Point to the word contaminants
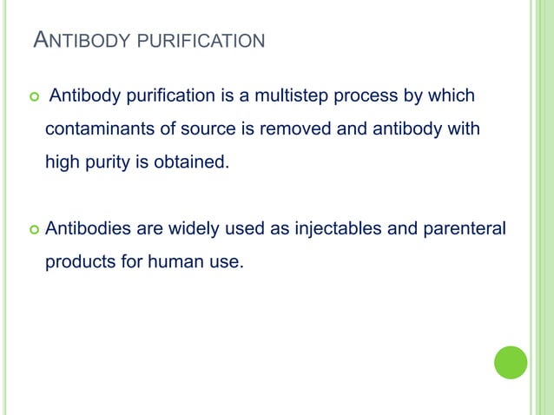[99, 130]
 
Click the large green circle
[511, 362]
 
